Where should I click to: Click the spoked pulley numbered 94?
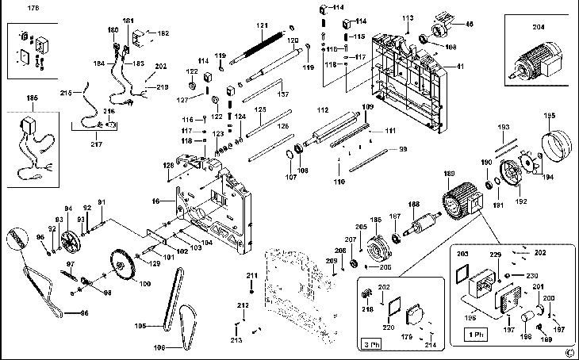point(72,241)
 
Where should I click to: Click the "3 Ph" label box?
point(370,346)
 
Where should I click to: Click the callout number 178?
point(33,8)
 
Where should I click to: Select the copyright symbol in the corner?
point(569,352)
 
